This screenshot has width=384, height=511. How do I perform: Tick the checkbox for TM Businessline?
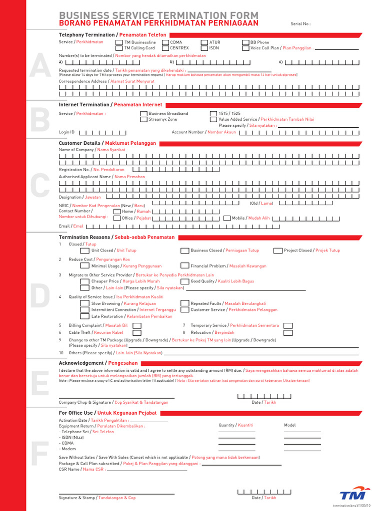[119, 43]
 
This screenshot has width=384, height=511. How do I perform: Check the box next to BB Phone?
[245, 43]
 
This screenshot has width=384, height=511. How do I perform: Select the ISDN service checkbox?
[204, 48]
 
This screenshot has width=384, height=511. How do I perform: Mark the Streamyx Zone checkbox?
[144, 120]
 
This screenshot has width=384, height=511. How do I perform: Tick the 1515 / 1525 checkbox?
[213, 114]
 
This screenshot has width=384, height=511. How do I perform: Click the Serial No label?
[300, 24]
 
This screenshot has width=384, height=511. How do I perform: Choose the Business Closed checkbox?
[185, 251]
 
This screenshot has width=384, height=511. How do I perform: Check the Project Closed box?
[278, 251]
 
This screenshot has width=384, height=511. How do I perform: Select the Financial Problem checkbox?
[185, 266]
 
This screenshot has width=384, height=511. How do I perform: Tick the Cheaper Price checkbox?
[85, 281]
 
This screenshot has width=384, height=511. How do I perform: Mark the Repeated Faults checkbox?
[185, 303]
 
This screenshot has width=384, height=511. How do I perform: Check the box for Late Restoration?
[85, 316]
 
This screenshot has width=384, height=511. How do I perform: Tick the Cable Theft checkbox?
[136, 333]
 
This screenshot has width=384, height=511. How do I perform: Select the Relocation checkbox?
[288, 333]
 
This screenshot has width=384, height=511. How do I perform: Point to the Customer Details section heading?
[107, 143]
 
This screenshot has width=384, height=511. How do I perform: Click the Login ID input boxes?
[103, 133]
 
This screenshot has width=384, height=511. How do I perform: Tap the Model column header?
[290, 425]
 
